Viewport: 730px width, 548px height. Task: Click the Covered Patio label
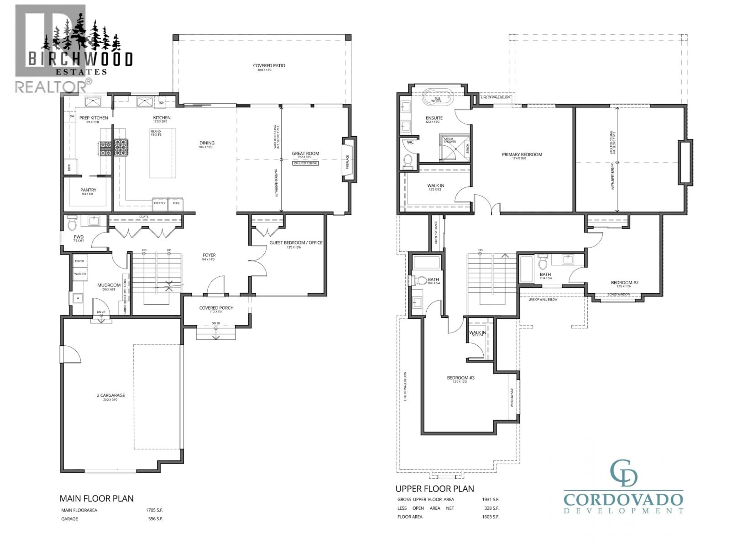(269, 66)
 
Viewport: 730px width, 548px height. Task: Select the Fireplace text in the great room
(347, 162)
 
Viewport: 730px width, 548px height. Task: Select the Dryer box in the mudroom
(79, 261)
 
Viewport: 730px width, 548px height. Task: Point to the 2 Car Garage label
(111, 395)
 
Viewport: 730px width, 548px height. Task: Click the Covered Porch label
(216, 308)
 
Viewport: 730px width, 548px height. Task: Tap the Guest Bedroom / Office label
(296, 243)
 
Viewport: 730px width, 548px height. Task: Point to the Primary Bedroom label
(522, 155)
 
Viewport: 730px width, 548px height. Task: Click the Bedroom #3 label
(460, 378)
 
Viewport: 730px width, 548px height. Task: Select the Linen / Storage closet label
(436, 233)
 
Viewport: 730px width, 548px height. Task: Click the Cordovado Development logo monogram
(623, 473)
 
